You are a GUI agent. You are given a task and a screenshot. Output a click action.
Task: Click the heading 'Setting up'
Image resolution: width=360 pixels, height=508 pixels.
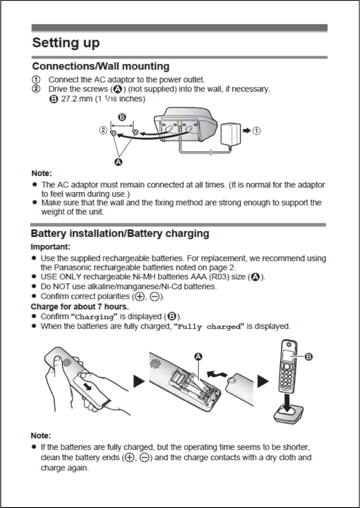pos(66,43)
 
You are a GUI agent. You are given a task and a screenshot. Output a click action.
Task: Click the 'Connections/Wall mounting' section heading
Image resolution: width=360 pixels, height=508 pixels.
pos(101,67)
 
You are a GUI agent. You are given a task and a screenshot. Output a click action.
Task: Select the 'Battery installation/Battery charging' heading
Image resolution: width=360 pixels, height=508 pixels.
pos(120,234)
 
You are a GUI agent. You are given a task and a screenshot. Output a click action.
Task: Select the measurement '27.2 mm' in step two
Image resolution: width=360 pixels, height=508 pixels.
pos(69,99)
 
